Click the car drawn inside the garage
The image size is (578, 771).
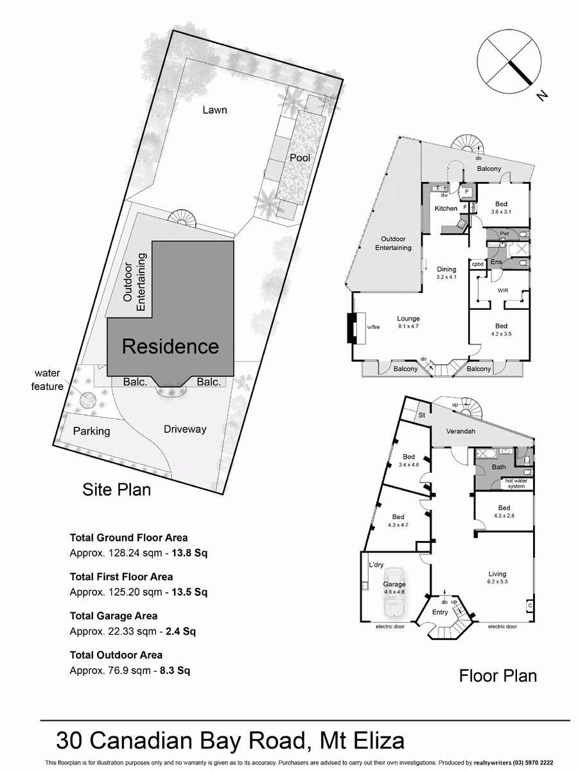point(394,586)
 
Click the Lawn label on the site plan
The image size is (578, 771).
point(215,110)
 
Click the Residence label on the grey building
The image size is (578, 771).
point(170,347)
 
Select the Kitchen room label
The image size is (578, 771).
point(446,208)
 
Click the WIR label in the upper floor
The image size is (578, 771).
point(504,290)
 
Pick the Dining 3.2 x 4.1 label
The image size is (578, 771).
point(446,274)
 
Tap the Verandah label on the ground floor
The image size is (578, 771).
point(460,432)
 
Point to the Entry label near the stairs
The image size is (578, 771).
point(439,612)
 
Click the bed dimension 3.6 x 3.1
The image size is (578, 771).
point(504,211)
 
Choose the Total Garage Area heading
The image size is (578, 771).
point(113,616)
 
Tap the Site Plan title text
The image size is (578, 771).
point(117,490)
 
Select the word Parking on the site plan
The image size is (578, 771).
point(91,431)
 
